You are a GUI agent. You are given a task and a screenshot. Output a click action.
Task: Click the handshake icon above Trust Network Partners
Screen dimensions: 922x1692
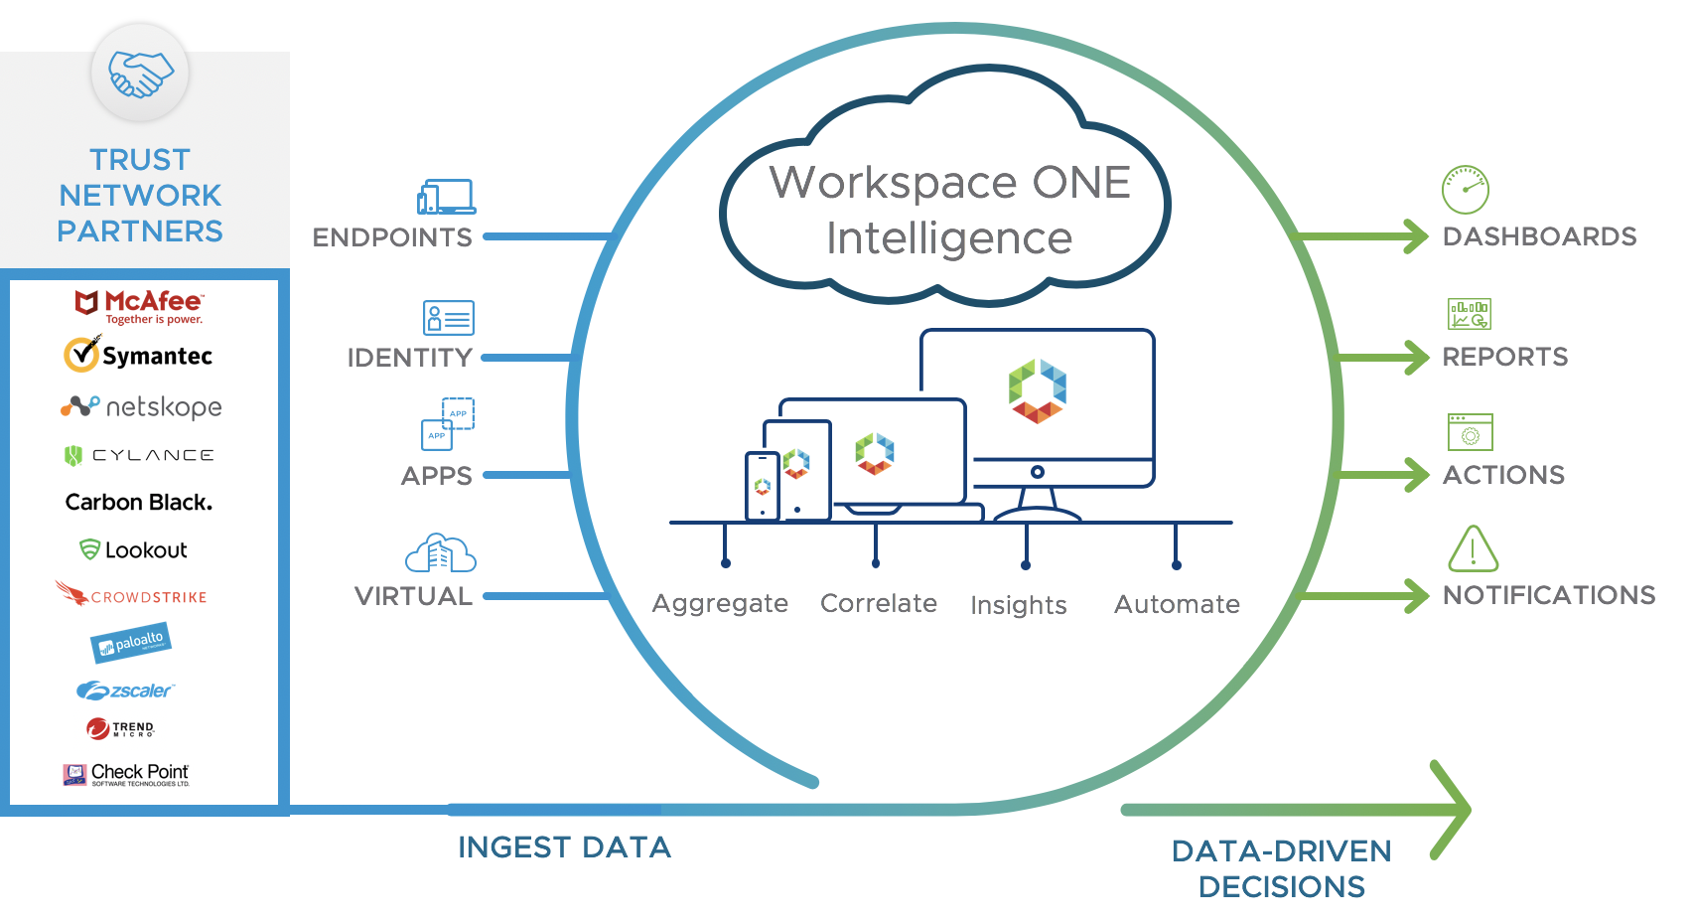coord(140,75)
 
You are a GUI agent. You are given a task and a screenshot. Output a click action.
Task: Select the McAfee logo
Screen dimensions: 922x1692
coord(140,306)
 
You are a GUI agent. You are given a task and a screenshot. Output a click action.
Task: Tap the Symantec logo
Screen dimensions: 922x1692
coord(138,355)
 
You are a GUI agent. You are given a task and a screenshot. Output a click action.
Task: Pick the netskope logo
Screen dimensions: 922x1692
coord(141,407)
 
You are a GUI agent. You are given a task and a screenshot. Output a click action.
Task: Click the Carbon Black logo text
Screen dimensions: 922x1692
coord(139,503)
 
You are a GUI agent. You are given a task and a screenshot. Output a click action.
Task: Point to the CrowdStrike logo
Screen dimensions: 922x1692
coord(131,595)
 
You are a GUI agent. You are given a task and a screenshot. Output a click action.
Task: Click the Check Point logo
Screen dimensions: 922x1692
coord(126,774)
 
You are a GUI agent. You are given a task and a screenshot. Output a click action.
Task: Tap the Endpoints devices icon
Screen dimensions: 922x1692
coord(446,197)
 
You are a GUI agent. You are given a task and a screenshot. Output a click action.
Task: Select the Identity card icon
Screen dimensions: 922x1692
coord(448,318)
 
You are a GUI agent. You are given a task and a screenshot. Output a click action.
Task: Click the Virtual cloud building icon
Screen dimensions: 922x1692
coord(441,553)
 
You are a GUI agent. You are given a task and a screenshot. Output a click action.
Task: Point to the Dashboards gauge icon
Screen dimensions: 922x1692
coord(1465,190)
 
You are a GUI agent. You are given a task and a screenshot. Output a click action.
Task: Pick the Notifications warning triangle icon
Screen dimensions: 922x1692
coord(1473,549)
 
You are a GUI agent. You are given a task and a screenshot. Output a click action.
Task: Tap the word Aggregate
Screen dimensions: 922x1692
coord(720,603)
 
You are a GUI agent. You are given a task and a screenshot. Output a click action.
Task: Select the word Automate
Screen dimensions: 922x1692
coord(1177,604)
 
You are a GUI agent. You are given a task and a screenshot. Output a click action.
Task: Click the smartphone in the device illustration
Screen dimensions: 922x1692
coord(762,486)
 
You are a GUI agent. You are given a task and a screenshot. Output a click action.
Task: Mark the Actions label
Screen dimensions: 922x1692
coord(1503,475)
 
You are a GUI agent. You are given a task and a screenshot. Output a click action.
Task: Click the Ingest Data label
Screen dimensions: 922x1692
coord(564,847)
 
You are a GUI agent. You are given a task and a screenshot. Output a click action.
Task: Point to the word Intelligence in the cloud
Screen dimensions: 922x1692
coord(949,238)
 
